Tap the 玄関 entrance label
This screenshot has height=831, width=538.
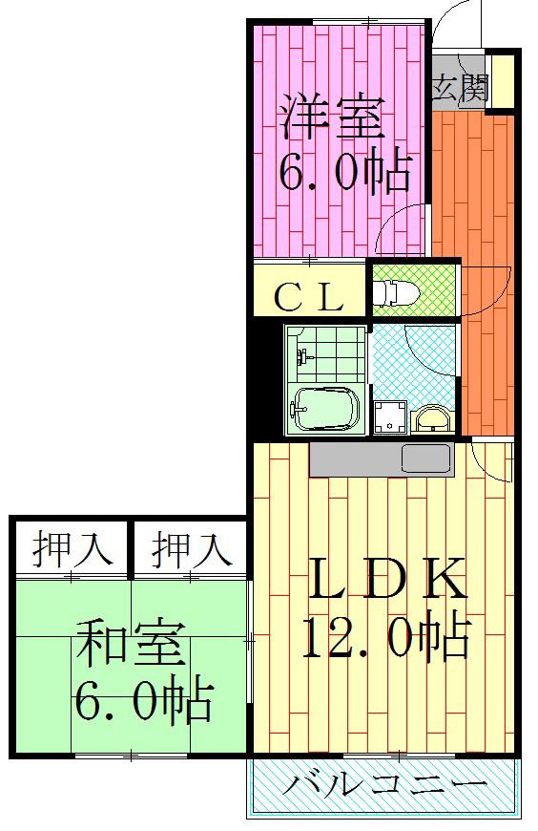pos(460,88)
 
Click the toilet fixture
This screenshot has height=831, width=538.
pos(395,293)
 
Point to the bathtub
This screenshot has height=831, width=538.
pos(325,409)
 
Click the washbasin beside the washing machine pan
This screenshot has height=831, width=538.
pos(433,420)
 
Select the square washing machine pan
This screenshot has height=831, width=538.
pos(391,417)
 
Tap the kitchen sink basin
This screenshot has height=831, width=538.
pos(425,458)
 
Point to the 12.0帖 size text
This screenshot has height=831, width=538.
pos(386,637)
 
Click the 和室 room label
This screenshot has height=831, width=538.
pos(132,644)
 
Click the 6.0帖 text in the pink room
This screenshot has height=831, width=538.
pos(344,173)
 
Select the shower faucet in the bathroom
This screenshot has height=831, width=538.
pos(304,356)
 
